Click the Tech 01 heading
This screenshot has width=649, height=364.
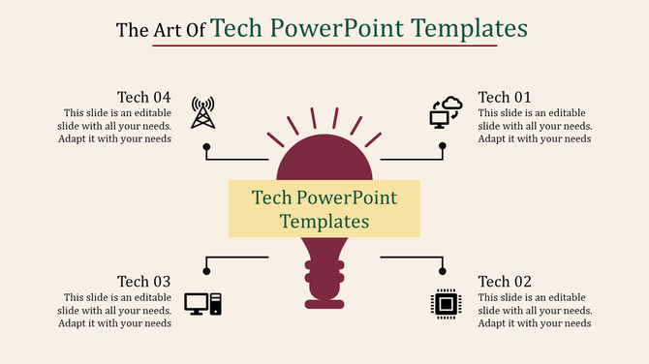(505, 97)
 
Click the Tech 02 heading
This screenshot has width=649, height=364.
(505, 282)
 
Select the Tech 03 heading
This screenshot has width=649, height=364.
(143, 282)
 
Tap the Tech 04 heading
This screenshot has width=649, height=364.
(143, 97)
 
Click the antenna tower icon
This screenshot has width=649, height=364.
(202, 112)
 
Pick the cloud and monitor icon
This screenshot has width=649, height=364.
(446, 112)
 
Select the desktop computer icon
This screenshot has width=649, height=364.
(202, 304)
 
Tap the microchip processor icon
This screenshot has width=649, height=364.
(446, 304)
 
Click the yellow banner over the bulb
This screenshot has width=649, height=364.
(324, 208)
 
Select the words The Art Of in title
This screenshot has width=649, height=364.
(160, 30)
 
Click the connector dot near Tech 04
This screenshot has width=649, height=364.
(206, 146)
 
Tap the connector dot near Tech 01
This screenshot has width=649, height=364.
(443, 146)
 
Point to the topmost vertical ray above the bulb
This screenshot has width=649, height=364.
(313, 118)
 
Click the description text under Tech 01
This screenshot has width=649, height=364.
(535, 125)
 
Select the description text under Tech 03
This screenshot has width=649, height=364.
(117, 310)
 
